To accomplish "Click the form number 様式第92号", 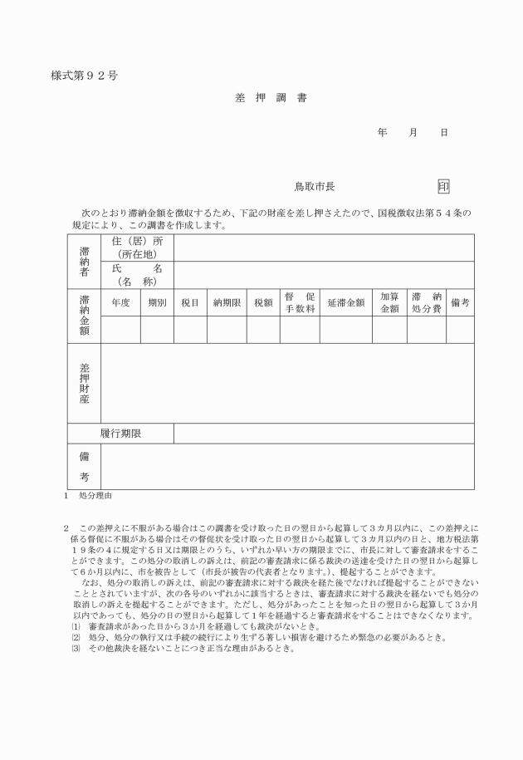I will tap(84, 76).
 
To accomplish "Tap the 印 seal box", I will tap(443, 187).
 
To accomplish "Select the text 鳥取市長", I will tap(315, 188).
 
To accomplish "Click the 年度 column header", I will tap(120, 303).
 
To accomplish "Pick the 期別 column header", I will tap(157, 303).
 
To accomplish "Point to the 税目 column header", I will tap(190, 303).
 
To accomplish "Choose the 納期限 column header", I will tap(227, 303).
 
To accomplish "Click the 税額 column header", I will tap(263, 303).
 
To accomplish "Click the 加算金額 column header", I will tap(389, 303).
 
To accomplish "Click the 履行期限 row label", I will tap(121, 434).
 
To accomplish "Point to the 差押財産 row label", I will tap(84, 383).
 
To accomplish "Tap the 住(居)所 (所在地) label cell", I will tap(138, 248).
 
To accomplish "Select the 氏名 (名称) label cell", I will tap(138, 275).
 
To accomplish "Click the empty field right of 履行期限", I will tap(324, 434).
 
